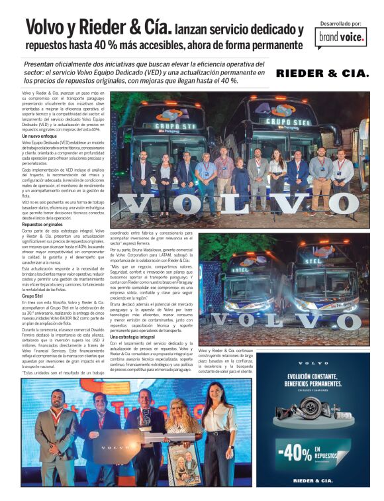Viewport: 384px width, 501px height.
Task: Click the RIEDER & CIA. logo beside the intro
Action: coord(322,74)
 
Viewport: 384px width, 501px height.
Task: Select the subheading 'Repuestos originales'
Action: coord(42,224)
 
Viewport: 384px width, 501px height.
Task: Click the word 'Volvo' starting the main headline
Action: coord(49,28)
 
